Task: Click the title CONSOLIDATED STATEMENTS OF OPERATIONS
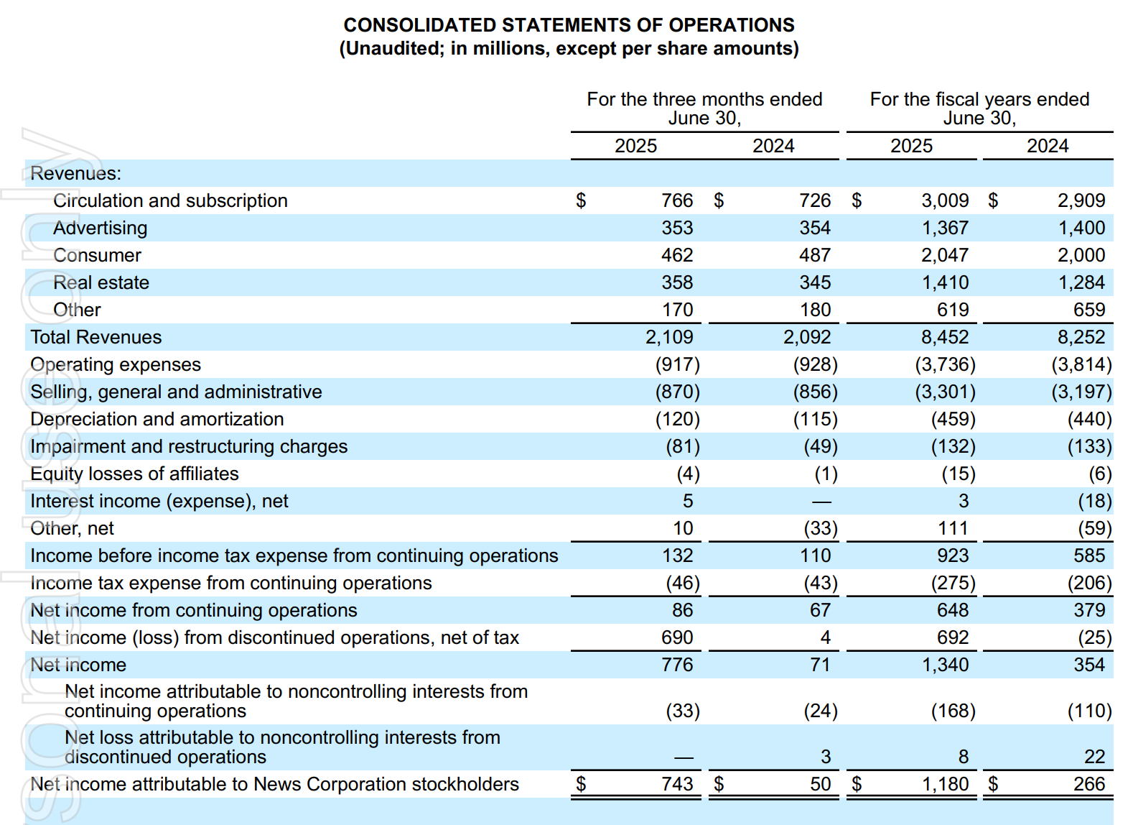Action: pyautogui.click(x=569, y=25)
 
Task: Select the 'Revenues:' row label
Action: pyautogui.click(x=76, y=173)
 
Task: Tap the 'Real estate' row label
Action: pyautogui.click(x=101, y=282)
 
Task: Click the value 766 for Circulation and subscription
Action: pyautogui.click(x=677, y=201)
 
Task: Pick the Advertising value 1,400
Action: pyautogui.click(x=1082, y=228)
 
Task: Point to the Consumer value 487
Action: pyautogui.click(x=815, y=255)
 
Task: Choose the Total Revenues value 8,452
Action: pyautogui.click(x=945, y=337)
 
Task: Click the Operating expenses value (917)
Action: pyautogui.click(x=678, y=364)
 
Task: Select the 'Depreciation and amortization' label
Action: pyautogui.click(x=157, y=419)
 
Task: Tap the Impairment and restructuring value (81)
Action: pyautogui.click(x=684, y=446)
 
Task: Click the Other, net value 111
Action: pyautogui.click(x=953, y=528)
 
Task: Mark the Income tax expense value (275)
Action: pyautogui.click(x=954, y=583)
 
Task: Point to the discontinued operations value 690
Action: pyautogui.click(x=677, y=637)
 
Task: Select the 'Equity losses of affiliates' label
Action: pyautogui.click(x=134, y=474)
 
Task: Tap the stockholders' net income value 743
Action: pyautogui.click(x=677, y=784)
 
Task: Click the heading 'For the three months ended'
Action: pyautogui.click(x=704, y=99)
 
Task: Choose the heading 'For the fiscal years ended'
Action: pyautogui.click(x=980, y=99)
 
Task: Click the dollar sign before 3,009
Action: pyautogui.click(x=857, y=201)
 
